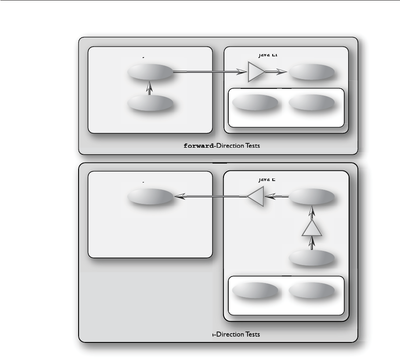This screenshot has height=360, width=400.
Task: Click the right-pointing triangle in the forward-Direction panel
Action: pyautogui.click(x=256, y=72)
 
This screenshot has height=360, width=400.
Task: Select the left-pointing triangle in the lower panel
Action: pyautogui.click(x=256, y=197)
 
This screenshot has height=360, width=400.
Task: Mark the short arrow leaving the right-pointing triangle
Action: pyautogui.click(x=277, y=72)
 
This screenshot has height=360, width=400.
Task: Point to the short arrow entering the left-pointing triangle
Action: pyautogui.click(x=277, y=197)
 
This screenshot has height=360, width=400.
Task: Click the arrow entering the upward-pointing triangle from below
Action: pyautogui.click(x=312, y=243)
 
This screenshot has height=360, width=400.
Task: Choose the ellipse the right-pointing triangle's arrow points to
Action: pyautogui.click(x=312, y=72)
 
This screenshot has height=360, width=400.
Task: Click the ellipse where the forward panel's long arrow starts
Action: pyautogui.click(x=149, y=72)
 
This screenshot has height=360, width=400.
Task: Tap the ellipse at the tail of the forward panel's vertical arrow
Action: pyautogui.click(x=149, y=103)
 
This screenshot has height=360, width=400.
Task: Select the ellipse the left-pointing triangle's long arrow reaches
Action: pyautogui.click(x=149, y=197)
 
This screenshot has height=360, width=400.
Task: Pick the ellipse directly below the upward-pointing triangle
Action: pyautogui.click(x=312, y=258)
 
